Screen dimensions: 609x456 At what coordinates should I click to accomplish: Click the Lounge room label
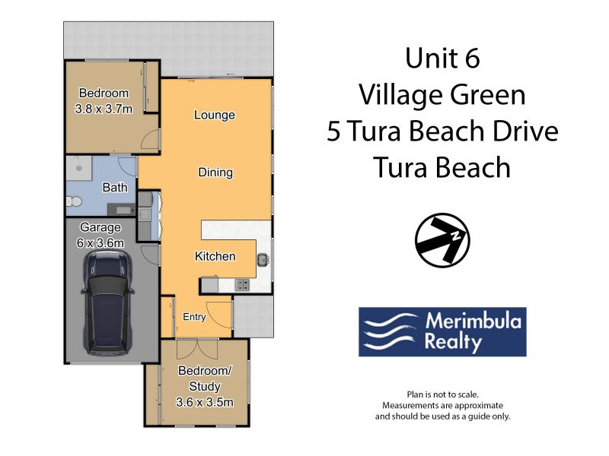215,115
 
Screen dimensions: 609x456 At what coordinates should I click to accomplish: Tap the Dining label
215,173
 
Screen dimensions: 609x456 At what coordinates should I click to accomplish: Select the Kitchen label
215,256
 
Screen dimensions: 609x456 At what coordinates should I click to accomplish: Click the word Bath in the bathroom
115,188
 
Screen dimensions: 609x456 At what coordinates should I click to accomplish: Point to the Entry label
194,317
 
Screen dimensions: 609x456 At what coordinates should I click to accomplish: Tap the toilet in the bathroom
73,201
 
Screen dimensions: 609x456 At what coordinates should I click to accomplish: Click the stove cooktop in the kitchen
241,285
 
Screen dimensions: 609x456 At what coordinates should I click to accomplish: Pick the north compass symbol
442,240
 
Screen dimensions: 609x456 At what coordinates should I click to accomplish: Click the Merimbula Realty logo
442,332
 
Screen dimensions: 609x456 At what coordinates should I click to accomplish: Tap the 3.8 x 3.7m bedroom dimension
104,109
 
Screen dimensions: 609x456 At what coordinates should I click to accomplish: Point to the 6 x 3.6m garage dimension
100,243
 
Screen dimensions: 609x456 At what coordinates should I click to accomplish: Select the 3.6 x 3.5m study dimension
205,402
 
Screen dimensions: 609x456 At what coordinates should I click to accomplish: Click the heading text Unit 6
442,59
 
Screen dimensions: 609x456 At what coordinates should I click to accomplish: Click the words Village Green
442,95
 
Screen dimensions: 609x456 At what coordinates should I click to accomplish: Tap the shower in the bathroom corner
79,168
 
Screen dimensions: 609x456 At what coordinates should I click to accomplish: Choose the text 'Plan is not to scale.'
443,394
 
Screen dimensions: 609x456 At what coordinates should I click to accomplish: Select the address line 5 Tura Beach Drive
442,131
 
